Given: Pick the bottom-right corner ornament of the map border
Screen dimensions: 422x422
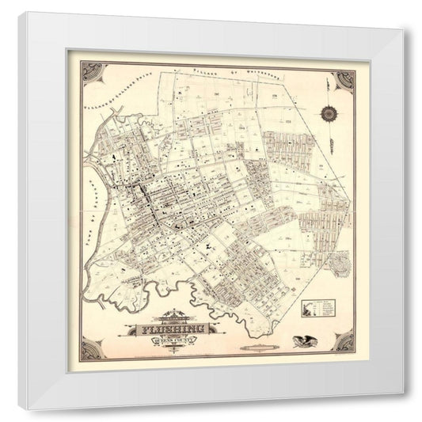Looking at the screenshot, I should (344, 342).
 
